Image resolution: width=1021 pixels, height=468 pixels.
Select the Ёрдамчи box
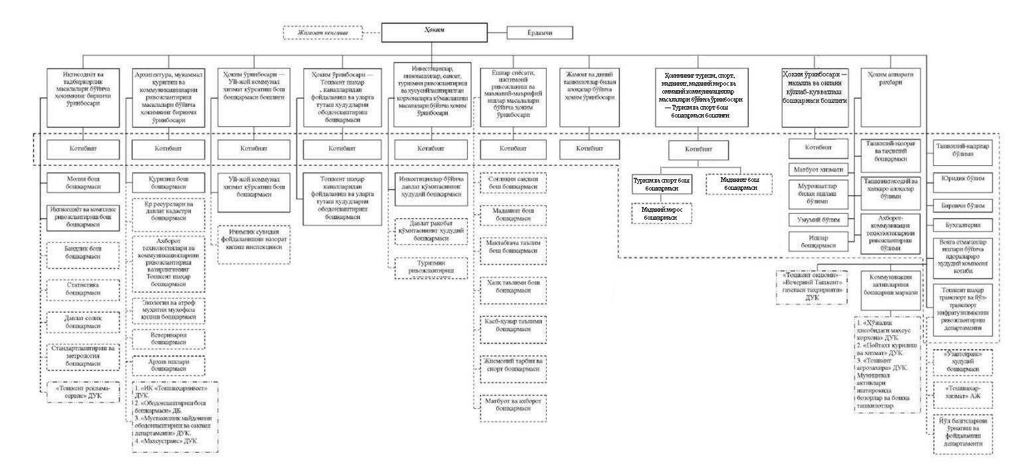(x=539, y=33)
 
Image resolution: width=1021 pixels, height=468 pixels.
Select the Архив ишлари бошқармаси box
(x=169, y=365)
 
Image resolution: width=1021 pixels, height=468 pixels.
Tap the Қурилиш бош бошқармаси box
(x=169, y=183)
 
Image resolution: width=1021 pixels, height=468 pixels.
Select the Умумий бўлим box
(x=818, y=220)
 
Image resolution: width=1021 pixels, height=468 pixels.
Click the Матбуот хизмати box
(x=818, y=169)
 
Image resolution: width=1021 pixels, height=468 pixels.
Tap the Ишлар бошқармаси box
(x=818, y=240)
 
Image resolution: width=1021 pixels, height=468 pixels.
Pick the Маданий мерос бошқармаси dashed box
(x=661, y=213)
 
